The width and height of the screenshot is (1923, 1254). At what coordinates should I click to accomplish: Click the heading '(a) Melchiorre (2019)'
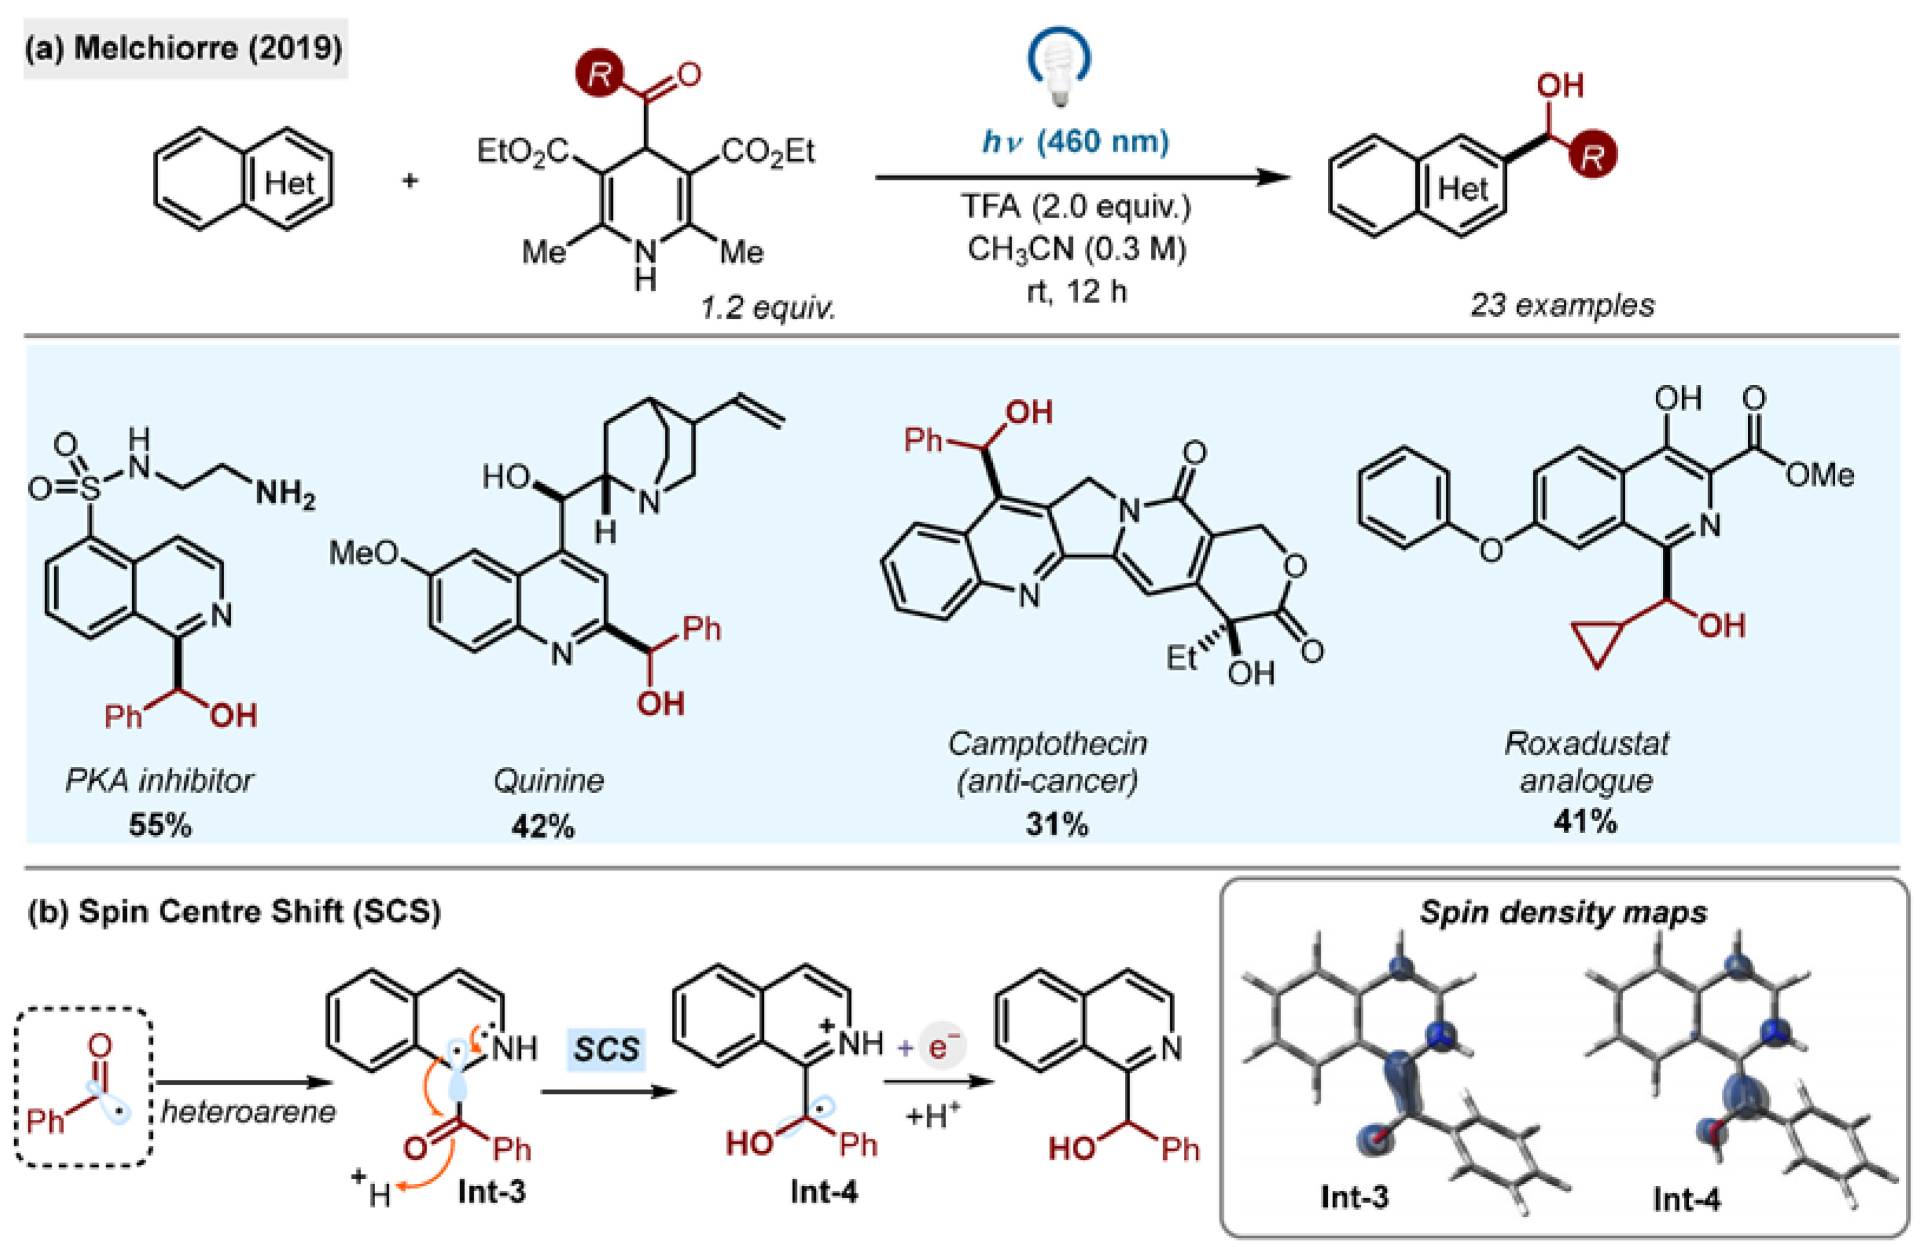(x=184, y=48)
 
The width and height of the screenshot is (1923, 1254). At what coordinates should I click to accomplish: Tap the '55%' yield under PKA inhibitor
(x=160, y=825)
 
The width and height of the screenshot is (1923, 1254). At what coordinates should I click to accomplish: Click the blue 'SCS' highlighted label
(x=606, y=1049)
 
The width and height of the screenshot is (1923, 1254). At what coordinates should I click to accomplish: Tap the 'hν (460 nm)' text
(x=1075, y=142)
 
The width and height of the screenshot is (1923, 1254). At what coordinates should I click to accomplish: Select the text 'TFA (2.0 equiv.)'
(x=1075, y=207)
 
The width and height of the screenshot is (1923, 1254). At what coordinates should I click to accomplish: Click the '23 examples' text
(x=1561, y=304)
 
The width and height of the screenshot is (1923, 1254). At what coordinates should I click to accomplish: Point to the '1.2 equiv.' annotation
(x=767, y=307)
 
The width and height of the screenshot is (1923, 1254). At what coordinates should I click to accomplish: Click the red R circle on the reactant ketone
(x=599, y=74)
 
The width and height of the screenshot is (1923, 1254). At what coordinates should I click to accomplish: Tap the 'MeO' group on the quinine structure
(x=363, y=553)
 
